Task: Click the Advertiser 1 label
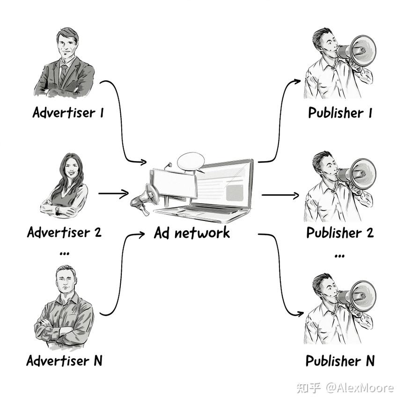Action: click(68, 113)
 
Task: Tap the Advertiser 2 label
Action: click(64, 232)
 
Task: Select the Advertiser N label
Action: click(64, 360)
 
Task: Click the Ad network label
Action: click(192, 233)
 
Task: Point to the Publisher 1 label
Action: click(340, 113)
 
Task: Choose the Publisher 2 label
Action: click(340, 233)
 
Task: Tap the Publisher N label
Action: click(340, 361)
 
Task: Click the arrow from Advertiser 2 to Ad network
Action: click(113, 193)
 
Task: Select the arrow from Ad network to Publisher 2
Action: click(280, 195)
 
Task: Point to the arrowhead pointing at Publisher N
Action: click(297, 314)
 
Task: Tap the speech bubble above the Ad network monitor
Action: click(191, 161)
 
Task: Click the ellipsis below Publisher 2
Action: click(340, 256)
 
